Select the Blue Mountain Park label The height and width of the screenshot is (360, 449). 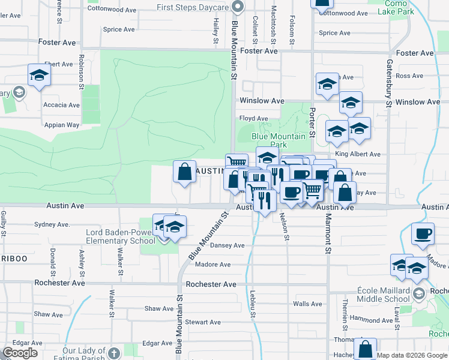pos(279,140)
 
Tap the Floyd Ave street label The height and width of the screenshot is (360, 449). pos(253,119)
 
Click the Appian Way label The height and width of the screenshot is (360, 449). pos(61,125)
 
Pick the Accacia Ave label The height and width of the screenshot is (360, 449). pos(61,105)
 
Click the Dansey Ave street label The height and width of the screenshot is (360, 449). pos(227,245)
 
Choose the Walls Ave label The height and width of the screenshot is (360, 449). pos(307,304)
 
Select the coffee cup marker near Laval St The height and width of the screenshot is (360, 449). pos(423,233)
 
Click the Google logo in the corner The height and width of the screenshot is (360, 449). pos(20,353)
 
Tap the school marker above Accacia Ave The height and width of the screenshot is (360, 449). pos(39,75)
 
